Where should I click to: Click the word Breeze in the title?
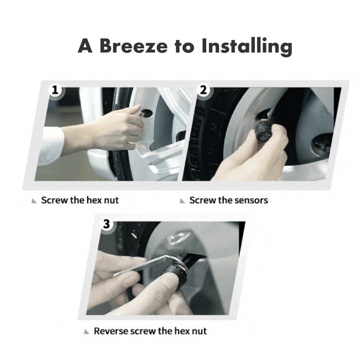pos(134,46)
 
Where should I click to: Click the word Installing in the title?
pos(247,47)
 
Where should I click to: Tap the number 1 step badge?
pos(55,90)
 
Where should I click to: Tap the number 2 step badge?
pos(203,90)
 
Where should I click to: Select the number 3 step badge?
pos(107,224)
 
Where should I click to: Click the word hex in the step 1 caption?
pos(94,200)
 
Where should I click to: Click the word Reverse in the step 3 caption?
pos(111,331)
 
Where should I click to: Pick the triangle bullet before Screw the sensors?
pos(182,201)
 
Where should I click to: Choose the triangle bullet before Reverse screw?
pos(86,332)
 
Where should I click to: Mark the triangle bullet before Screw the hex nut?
pos(34,201)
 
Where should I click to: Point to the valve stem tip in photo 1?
pos(140,115)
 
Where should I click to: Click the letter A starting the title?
pos(85,46)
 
